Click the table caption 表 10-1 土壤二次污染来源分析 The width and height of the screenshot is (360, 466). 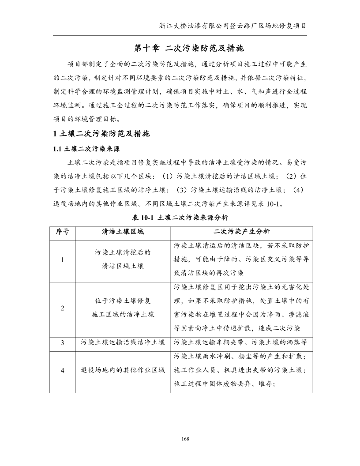click(180, 218)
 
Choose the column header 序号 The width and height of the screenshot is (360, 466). click(63, 232)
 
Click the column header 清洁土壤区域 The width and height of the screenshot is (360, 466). click(123, 232)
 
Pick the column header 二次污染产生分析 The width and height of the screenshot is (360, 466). click(241, 232)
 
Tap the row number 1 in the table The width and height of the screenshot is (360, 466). click(63, 260)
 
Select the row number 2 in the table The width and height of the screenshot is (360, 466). click(63, 308)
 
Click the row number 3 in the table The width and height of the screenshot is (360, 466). click(63, 342)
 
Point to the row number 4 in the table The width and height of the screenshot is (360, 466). click(63, 370)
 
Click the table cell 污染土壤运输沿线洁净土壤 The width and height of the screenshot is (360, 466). click(123, 342)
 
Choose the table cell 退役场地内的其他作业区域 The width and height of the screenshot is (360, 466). click(123, 370)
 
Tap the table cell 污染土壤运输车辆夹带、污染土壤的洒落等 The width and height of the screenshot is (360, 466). click(241, 342)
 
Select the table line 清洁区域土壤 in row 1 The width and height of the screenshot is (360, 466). click(123, 266)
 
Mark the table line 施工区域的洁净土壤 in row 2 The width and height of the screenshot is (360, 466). click(123, 314)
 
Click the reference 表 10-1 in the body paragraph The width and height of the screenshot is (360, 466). click(274, 204)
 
